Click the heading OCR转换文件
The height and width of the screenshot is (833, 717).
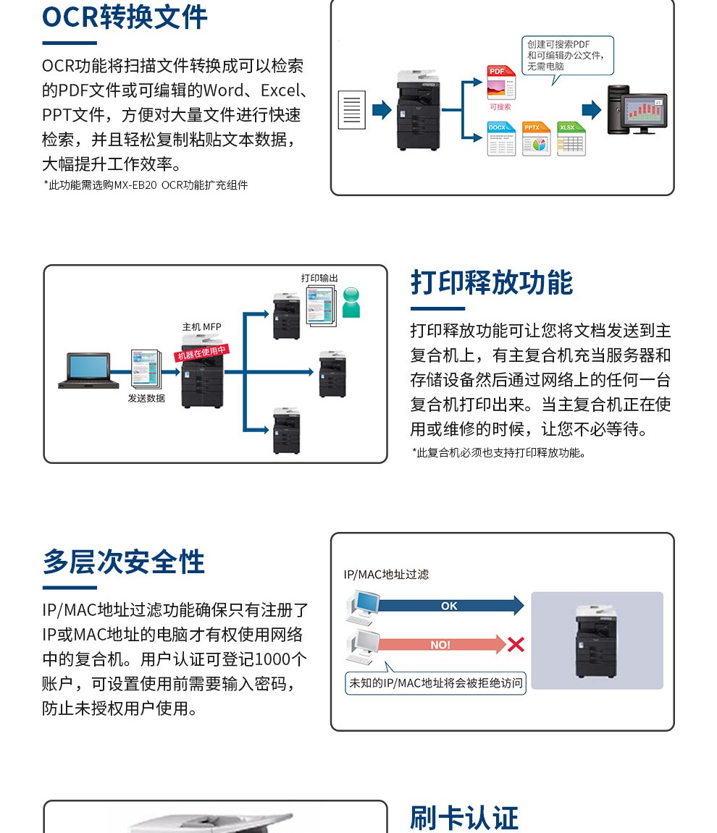coord(125,17)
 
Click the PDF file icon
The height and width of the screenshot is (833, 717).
coord(501,83)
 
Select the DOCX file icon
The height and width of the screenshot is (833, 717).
coord(501,139)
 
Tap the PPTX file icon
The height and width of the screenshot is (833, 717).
coord(536,139)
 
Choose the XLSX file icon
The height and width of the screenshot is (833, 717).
coord(571,139)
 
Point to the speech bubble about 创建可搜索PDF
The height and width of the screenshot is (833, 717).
coord(568,56)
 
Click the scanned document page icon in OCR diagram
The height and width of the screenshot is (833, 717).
coord(352,110)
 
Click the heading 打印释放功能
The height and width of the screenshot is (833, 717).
coord(492,282)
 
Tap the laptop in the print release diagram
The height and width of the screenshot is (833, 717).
coord(84,371)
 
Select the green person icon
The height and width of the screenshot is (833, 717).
coord(351,302)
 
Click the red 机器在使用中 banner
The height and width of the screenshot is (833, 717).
coord(202,352)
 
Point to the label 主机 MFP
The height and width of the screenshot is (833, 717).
coord(201,327)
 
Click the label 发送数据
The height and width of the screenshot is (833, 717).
coord(146,398)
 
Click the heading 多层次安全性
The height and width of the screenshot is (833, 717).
coord(124,562)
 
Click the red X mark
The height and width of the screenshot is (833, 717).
coord(516,644)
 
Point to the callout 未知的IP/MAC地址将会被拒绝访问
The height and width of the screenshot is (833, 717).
coord(435,682)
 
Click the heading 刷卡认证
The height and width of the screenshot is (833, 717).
coord(464,818)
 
